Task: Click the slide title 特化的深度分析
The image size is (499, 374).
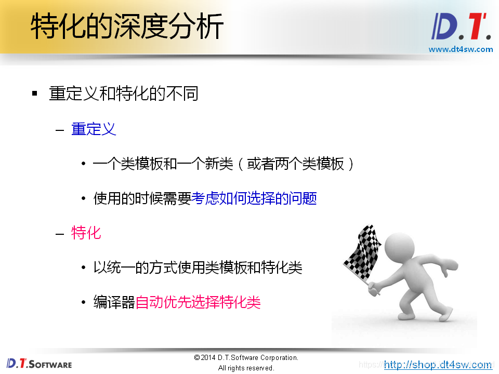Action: coord(127,27)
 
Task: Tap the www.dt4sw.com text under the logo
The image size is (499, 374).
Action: coord(461,49)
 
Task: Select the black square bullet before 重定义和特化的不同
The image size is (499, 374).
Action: coord(35,94)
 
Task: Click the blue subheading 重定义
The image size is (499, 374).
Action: coord(94,129)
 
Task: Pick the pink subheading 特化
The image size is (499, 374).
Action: coord(86,233)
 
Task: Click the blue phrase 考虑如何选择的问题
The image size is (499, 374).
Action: coord(254,198)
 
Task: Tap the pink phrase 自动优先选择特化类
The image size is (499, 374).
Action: coord(198,302)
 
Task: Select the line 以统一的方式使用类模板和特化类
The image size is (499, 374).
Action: coord(198,268)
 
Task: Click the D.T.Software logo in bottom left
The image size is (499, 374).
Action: coord(39,364)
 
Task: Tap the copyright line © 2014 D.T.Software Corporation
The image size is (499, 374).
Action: coord(246,358)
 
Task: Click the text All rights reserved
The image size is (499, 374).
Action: coord(246,368)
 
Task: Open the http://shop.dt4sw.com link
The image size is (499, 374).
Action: coord(438,365)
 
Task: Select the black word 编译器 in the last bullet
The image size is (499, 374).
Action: coord(114,302)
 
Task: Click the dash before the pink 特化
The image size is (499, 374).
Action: coord(60,233)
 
